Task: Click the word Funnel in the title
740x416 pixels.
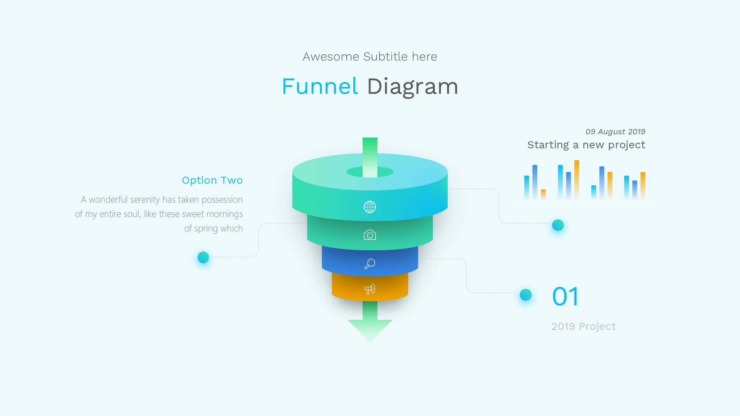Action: pos(320,87)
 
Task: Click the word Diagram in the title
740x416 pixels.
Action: pos(413,87)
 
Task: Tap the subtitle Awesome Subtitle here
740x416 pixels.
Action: pos(370,57)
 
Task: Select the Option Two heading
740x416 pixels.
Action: pos(212,180)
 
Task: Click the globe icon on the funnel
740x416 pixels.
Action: pos(370,207)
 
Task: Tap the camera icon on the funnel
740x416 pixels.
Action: pos(370,235)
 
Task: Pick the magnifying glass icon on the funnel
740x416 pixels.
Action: pos(370,264)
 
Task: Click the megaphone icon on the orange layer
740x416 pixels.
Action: pos(370,289)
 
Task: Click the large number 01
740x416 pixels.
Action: pos(565,297)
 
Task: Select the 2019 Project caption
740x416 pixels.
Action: pos(583,327)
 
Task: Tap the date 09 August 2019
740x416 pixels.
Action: pos(615,132)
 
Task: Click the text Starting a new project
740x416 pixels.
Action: pos(586,145)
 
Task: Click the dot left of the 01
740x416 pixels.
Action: pos(525,295)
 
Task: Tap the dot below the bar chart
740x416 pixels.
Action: pos(558,225)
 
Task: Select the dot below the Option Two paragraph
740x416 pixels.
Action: pos(203,257)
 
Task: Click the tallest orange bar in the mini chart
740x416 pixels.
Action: pos(576,180)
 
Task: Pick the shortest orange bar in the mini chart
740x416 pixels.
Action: pos(543,194)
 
